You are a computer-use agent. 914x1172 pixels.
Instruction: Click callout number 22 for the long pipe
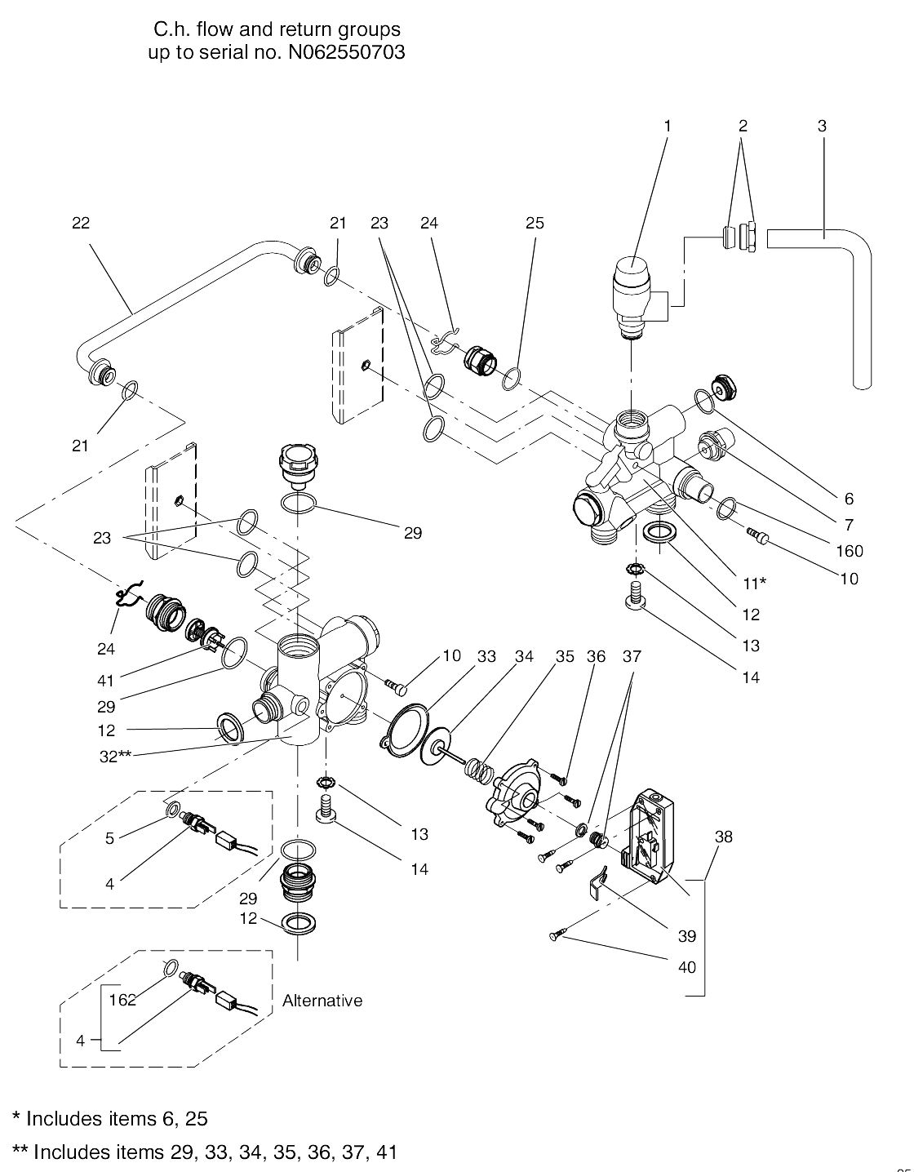coord(81,223)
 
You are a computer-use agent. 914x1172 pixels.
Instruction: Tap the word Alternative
coord(322,1001)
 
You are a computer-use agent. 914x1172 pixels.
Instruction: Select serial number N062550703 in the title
coord(346,53)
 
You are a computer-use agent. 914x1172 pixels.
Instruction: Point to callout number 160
coord(850,551)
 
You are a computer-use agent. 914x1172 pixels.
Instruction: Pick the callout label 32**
coord(114,756)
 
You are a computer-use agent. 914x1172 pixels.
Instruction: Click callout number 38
coord(723,837)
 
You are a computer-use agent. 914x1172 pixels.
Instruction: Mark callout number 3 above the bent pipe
coord(822,126)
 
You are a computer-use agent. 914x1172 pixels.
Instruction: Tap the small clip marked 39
coord(597,881)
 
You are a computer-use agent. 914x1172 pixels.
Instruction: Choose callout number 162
coord(122,1000)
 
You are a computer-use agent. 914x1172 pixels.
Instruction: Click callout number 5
coord(109,837)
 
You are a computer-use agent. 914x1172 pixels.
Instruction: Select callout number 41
coord(106,681)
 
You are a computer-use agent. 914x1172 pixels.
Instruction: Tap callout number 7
coord(849,524)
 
